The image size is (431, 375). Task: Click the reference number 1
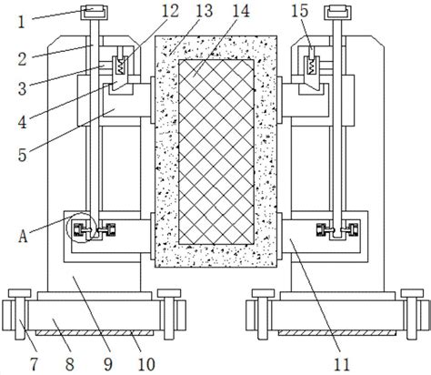point(21,23)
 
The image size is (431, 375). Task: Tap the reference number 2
point(22,59)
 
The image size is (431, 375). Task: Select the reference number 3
point(22,88)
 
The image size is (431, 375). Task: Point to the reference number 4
point(22,122)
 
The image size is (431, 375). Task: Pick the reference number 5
point(22,155)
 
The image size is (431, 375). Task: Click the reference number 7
point(35,364)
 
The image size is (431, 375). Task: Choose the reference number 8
point(69,364)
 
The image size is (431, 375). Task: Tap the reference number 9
point(108,364)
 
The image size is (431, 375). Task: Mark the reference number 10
point(146,364)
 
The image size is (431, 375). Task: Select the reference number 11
point(342,364)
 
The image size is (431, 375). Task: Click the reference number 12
point(171,11)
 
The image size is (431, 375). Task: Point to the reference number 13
point(205,11)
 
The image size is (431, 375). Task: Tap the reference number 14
point(241,11)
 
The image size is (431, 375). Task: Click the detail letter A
point(23,236)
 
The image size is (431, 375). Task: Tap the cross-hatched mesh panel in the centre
point(216,152)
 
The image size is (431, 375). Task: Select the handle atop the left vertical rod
point(94,13)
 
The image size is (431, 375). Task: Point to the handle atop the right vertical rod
point(337,13)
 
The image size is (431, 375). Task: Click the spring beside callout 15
point(311,66)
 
